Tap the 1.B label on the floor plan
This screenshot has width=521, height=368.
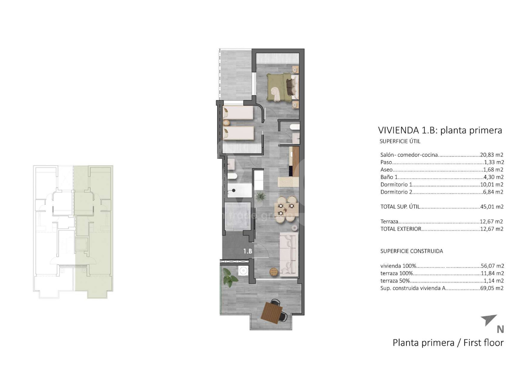coord(247,251)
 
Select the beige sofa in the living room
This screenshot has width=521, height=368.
coord(289,254)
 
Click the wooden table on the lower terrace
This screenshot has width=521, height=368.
coord(272,313)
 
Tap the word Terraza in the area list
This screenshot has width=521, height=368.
coord(389,222)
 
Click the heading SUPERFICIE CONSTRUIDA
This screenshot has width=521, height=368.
coord(412,251)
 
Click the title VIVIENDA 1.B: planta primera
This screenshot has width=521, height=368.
coord(440,130)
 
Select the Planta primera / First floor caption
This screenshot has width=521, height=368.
coord(448,343)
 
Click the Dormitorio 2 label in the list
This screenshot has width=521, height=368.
coord(396,192)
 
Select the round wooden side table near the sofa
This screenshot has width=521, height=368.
coord(274,272)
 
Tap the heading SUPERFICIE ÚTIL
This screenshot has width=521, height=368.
coord(400,141)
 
